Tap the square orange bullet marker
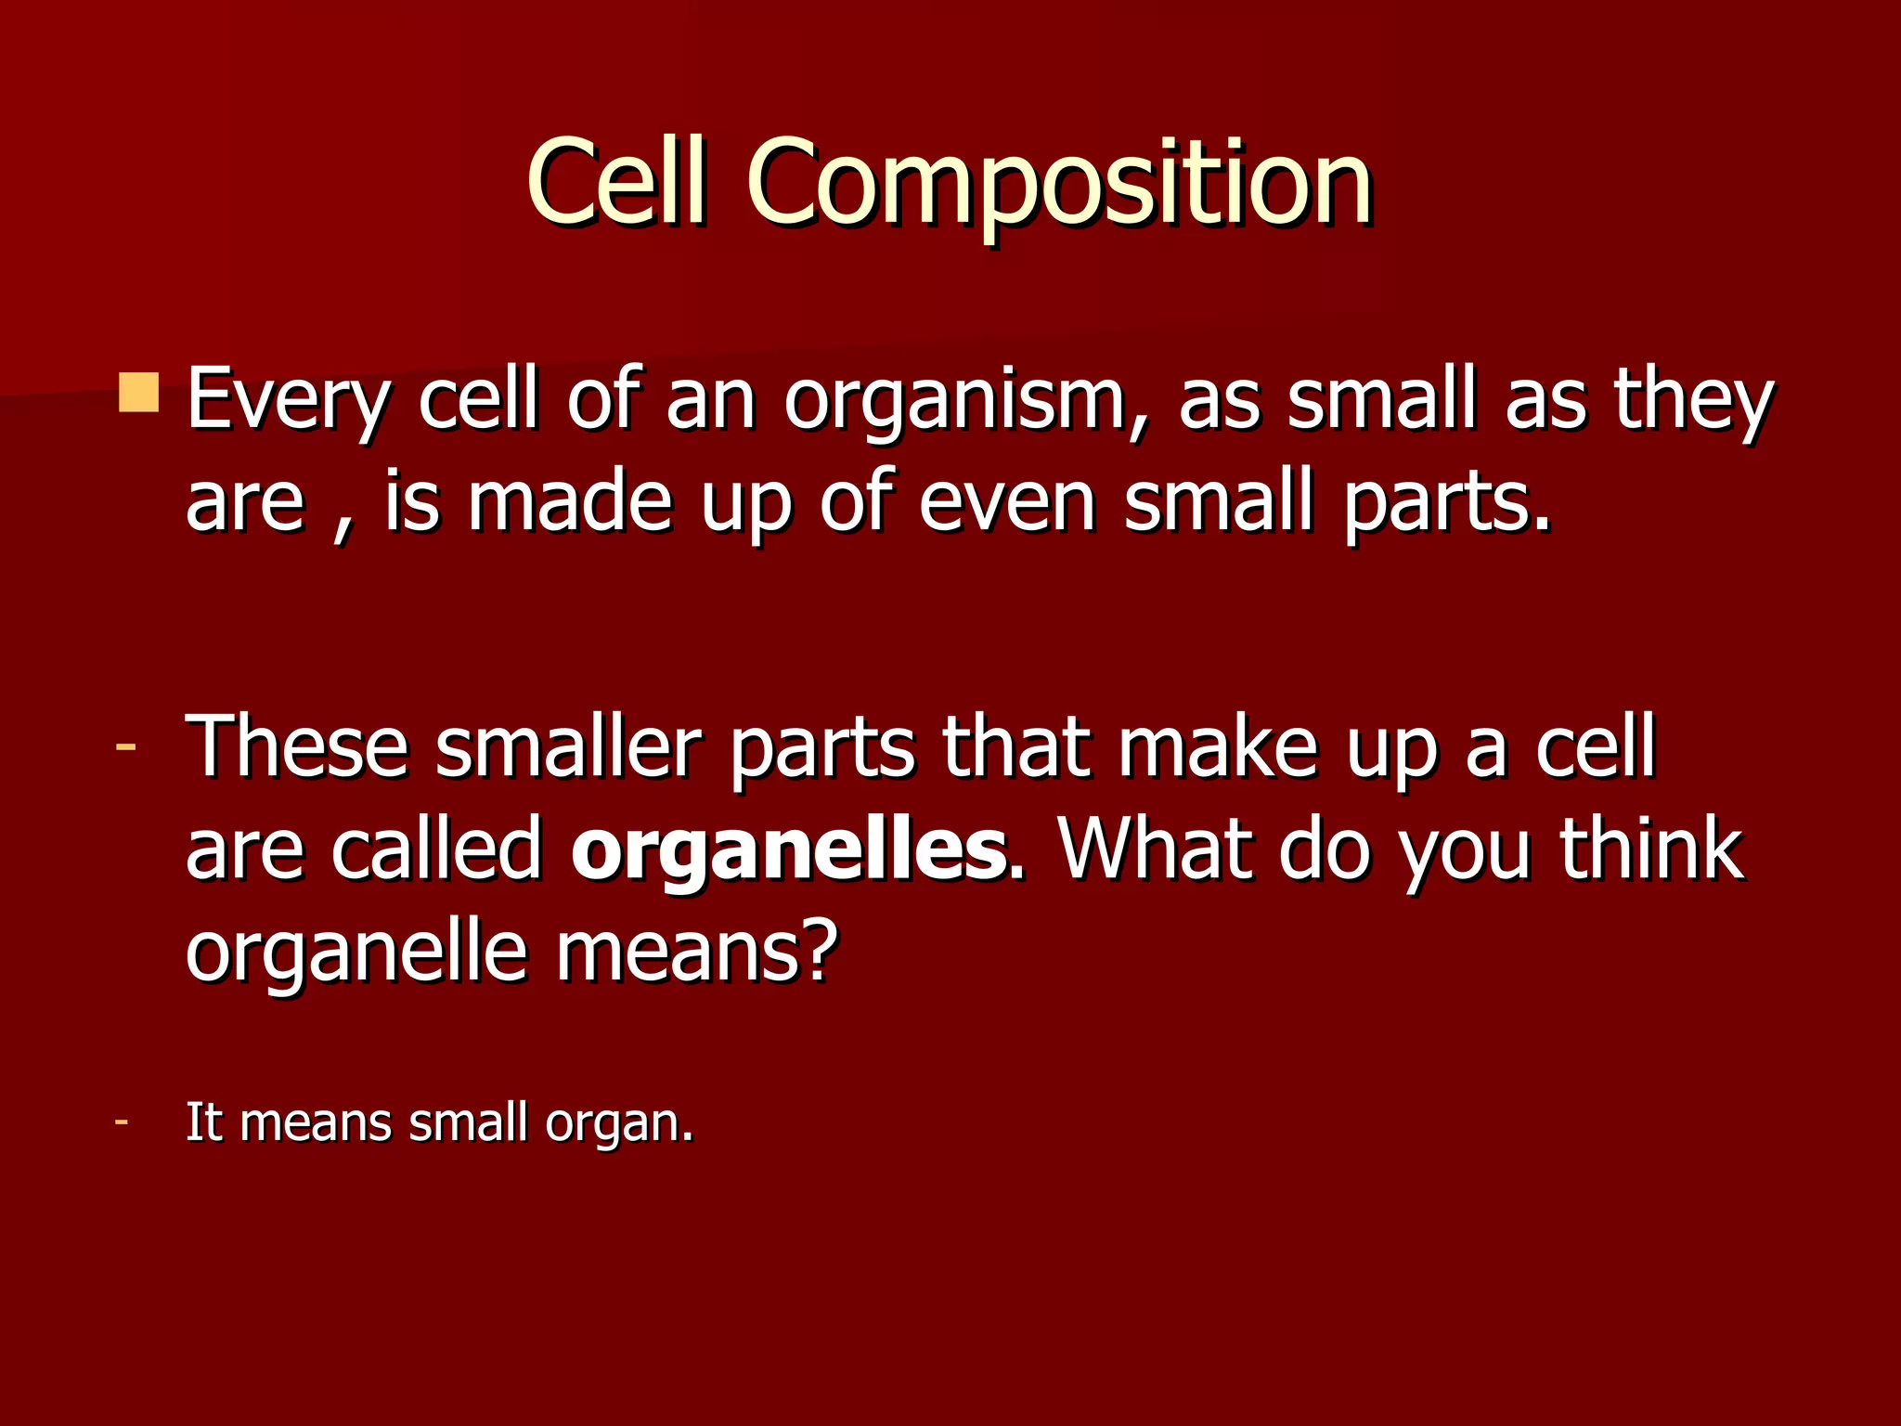coord(139,393)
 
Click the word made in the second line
coord(569,502)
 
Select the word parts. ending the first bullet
coord(1448,502)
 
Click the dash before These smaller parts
coord(125,746)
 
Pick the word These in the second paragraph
coord(297,748)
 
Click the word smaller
coord(566,748)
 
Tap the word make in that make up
coord(1217,748)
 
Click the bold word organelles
coord(788,849)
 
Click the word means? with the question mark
coord(696,952)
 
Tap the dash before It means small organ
coord(121,1121)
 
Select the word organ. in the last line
coord(619,1123)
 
